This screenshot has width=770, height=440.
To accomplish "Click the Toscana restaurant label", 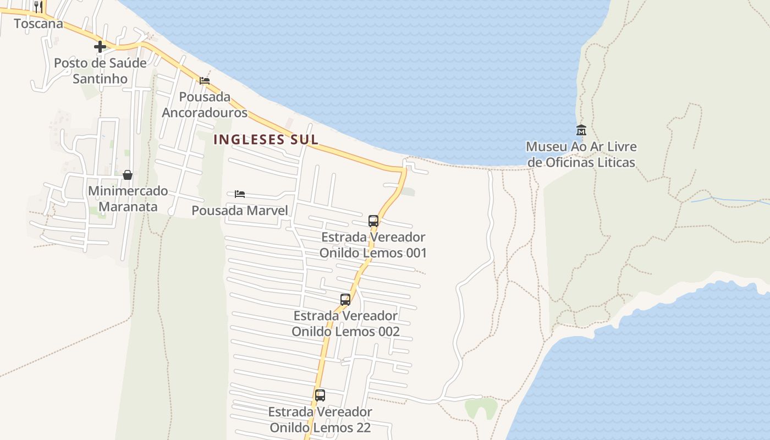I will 38,24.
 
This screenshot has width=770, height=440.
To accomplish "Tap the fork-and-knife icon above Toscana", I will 38,7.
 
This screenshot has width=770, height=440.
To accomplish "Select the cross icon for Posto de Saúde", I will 100,47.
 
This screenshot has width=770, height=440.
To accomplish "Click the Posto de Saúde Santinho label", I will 100,71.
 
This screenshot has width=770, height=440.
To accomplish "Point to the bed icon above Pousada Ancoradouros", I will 205,80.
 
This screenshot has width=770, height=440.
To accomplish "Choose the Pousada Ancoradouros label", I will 205,105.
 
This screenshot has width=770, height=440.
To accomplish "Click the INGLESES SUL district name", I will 266,139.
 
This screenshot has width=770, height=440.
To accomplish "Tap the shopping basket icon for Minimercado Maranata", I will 128,175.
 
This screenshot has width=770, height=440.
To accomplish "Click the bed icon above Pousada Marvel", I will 240,194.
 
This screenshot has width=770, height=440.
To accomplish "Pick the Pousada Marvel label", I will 240,210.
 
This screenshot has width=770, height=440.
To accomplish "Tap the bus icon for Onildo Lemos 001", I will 373,221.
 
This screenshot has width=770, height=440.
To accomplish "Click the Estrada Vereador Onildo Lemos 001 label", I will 373,245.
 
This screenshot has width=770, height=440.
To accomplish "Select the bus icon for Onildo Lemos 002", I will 345,300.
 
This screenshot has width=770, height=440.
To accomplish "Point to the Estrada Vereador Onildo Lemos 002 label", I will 345,324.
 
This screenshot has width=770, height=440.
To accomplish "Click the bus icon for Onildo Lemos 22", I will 320,395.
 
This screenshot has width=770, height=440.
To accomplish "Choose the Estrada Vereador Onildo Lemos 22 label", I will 320,419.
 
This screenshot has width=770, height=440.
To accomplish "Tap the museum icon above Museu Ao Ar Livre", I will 581,130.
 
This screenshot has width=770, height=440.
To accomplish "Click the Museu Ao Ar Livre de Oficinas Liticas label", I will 581,155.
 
